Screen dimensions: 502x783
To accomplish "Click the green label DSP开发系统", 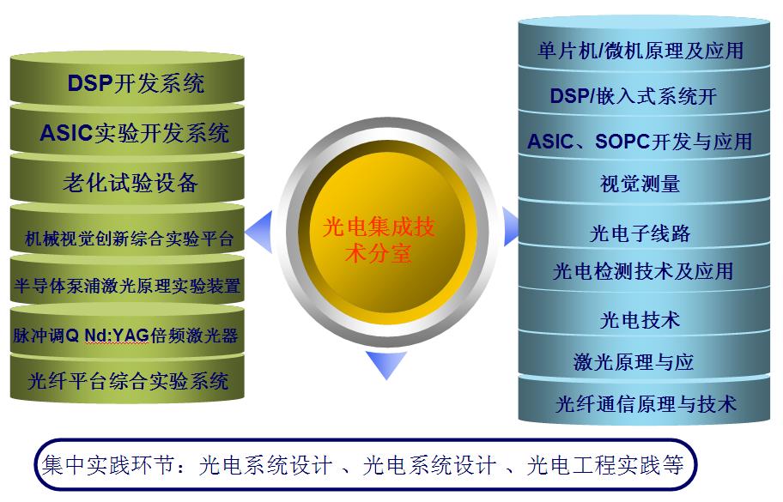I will [x=136, y=83].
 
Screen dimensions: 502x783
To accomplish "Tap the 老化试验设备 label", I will [x=130, y=182].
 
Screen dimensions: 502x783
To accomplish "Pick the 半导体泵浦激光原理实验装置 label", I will [x=128, y=286].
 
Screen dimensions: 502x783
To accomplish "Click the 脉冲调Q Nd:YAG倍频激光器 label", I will [x=125, y=335].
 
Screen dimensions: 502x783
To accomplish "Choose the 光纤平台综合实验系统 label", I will [x=129, y=379].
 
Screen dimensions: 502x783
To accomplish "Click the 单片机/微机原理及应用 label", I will [x=640, y=51].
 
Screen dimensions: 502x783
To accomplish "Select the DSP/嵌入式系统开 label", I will [x=633, y=95].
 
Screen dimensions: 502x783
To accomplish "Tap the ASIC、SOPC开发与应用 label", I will [x=640, y=141].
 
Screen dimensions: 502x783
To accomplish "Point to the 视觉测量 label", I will [x=640, y=184].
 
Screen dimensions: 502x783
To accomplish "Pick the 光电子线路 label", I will [x=640, y=233].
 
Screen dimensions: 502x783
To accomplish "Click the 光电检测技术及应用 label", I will [x=642, y=271].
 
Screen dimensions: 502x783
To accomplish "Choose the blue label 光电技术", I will [x=640, y=319].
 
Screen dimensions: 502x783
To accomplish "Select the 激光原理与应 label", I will [x=634, y=361].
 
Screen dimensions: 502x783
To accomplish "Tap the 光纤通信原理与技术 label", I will [x=645, y=402].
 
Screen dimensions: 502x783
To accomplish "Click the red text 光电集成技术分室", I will [x=378, y=239].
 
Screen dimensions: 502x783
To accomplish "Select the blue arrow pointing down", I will [x=385, y=364].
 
